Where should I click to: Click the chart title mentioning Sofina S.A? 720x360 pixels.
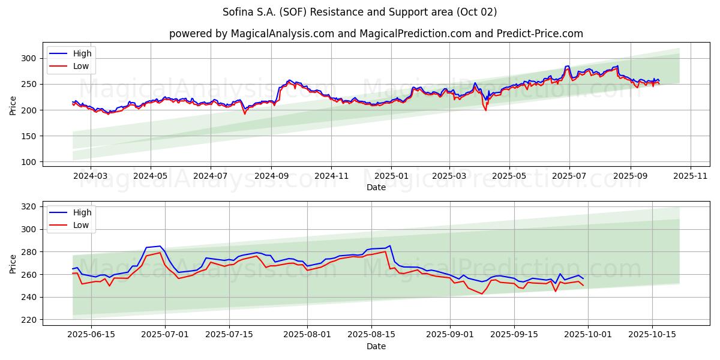coord(359,12)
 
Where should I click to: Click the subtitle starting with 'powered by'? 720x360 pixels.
coord(376,34)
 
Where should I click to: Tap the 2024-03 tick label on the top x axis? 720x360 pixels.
coord(91,176)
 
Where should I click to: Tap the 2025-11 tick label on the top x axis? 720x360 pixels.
coord(691,176)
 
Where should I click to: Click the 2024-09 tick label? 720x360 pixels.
coord(271,176)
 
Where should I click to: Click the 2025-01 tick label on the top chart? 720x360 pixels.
coord(391,176)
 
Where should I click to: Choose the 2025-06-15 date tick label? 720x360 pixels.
coord(91,335)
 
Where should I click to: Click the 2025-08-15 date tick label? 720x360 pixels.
coord(371,335)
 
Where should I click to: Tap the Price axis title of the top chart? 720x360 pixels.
coord(13,106)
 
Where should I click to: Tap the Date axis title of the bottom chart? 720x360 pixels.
coord(376,346)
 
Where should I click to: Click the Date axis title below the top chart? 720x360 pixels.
coord(376,187)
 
